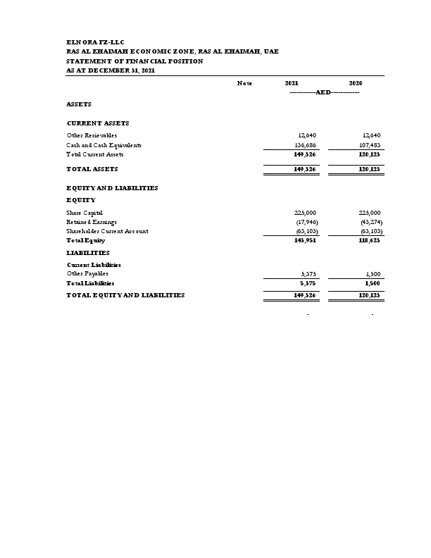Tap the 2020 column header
[356, 84]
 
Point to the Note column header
[244, 84]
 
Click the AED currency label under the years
[323, 93]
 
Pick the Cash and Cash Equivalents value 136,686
[307, 144]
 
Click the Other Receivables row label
[92, 135]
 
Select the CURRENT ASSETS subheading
[98, 123]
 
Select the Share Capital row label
[85, 212]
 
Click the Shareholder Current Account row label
[107, 230]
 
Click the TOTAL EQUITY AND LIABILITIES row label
[125, 295]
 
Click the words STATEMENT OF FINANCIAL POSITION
[135, 61]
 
